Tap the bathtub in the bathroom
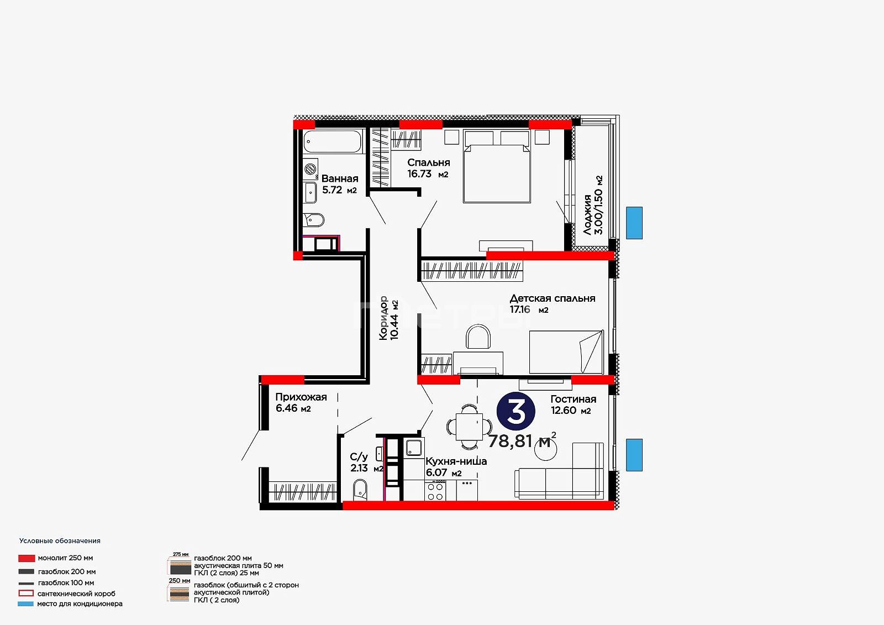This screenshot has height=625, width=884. point(332,141)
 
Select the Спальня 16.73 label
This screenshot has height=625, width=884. point(428,168)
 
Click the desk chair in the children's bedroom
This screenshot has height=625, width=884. point(478,337)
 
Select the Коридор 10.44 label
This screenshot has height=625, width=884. point(389,318)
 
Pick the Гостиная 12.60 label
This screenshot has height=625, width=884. point(573,405)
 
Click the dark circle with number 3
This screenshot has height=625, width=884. point(516,411)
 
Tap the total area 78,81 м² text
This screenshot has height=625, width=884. point(522,440)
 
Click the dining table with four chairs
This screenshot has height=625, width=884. point(469,427)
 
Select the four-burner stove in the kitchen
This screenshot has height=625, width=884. point(435,491)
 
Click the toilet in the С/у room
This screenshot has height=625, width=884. point(360,490)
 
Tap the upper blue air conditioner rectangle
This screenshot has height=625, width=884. point(634,223)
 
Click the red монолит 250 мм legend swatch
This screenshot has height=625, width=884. point(27,558)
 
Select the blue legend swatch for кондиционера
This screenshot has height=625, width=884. point(25,603)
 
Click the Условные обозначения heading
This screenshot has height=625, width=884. point(60,541)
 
